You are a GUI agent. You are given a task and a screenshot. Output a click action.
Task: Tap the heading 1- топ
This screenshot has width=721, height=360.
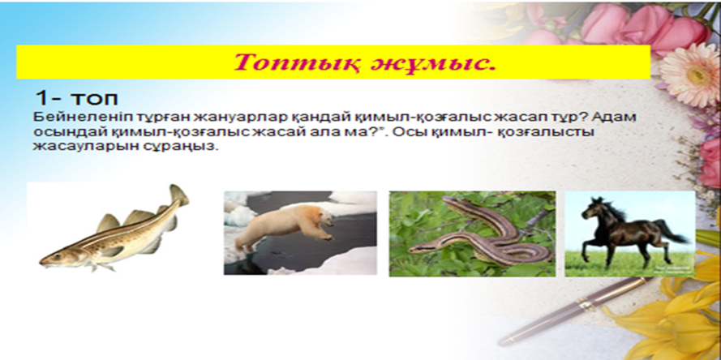pos(76,98)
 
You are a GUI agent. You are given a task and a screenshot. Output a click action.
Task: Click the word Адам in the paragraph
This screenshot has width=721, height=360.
pos(614,118)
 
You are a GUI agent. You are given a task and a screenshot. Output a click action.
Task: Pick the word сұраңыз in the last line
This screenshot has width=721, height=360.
pos(190,148)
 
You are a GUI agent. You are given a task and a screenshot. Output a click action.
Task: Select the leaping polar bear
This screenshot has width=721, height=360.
pos(285,227)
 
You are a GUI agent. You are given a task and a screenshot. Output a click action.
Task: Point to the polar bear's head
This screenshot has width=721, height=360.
pos(324,218)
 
